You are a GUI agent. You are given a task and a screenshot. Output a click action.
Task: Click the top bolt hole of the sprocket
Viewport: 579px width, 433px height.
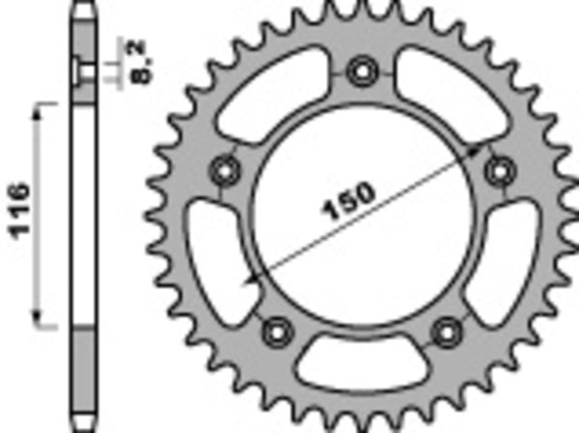click(363, 69)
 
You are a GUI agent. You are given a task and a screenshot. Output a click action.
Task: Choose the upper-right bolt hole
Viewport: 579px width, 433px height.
click(500, 171)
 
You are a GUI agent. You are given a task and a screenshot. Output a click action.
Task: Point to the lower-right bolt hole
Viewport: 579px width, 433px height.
click(446, 331)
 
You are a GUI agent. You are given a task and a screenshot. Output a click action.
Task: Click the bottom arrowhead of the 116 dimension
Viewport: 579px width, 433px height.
click(40, 322)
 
